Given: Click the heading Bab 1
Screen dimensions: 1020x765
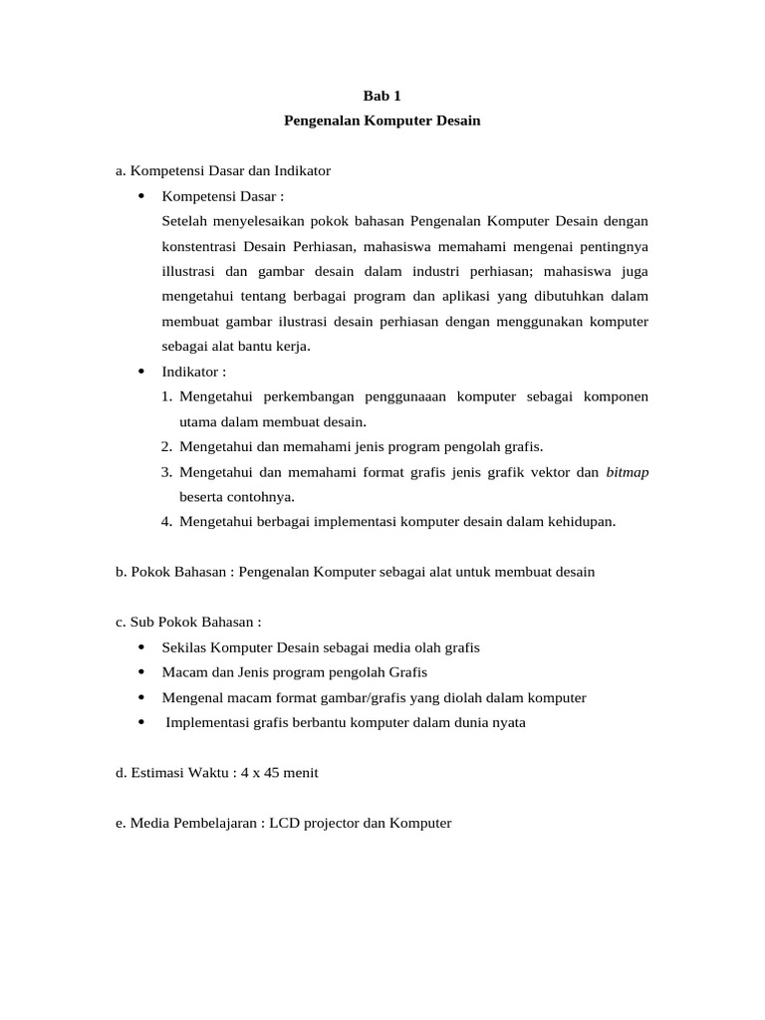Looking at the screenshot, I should point(382,96).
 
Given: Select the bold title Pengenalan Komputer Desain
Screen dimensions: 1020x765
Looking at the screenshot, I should point(382,121).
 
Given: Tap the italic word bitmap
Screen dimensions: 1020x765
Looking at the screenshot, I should point(627,472).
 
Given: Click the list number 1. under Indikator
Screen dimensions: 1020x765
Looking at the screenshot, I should point(167,396).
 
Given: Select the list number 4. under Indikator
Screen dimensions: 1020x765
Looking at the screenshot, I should point(167,521).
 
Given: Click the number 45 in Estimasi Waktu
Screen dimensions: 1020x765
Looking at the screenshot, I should point(275,773).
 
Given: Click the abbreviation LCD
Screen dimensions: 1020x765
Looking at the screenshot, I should point(291,823).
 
